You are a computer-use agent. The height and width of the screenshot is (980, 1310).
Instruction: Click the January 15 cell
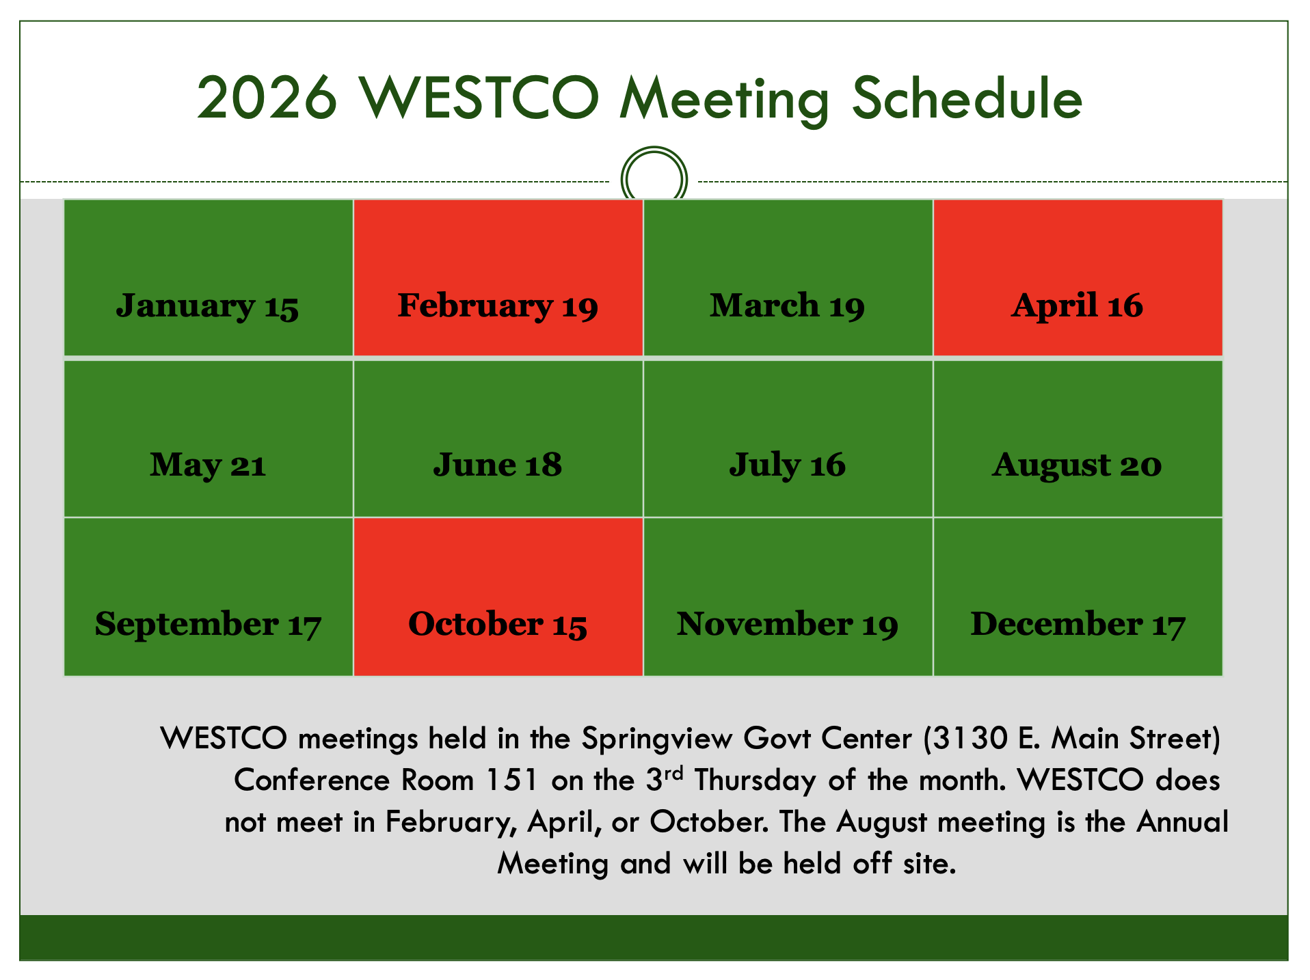tap(208, 305)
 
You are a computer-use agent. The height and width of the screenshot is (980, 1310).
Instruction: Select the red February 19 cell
tap(498, 305)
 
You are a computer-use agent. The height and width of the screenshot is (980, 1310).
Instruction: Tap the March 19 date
tap(788, 305)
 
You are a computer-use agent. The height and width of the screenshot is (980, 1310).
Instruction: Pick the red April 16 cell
tap(1078, 305)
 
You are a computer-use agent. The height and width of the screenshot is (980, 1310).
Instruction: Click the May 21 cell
tap(208, 465)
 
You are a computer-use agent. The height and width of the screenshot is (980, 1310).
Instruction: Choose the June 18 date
tap(498, 465)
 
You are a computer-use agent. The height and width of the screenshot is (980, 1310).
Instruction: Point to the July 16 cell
tap(788, 465)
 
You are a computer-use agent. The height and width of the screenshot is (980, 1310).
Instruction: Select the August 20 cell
tap(1078, 465)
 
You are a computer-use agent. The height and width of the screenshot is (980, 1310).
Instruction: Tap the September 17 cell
tap(208, 624)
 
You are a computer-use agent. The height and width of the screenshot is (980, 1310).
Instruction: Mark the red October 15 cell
tap(498, 624)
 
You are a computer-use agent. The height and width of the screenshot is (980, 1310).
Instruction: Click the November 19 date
tap(788, 624)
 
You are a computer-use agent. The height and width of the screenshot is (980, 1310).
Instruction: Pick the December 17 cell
tap(1078, 624)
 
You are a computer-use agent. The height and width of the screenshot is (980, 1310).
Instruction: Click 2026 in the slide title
tap(267, 99)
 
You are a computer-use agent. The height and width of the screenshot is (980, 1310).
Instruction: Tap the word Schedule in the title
tap(967, 99)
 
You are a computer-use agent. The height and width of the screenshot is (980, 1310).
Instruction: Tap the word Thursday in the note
tap(755, 780)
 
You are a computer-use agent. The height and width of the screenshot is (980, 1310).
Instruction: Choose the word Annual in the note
tap(1182, 822)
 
